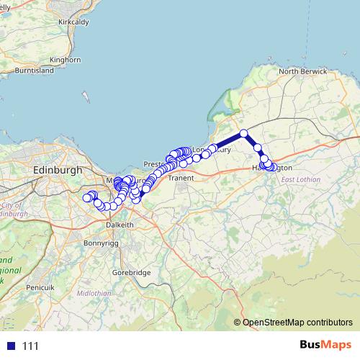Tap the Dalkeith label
(120, 225)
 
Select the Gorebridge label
(131, 274)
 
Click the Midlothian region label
(95, 293)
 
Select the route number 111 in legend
(30, 346)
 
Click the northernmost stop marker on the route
(244, 133)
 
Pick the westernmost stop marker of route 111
(86, 197)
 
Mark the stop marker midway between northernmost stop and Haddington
(256, 148)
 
